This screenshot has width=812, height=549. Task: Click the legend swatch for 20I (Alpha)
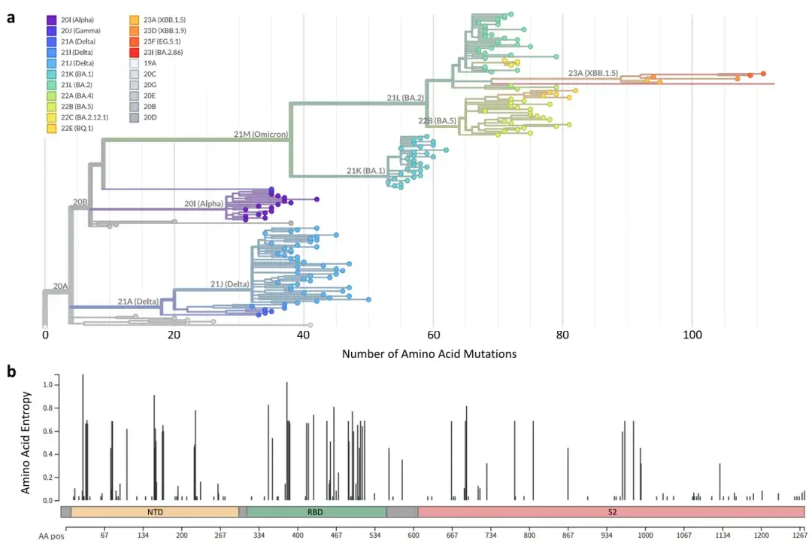tap(52, 20)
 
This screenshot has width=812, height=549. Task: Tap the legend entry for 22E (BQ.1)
tap(71, 128)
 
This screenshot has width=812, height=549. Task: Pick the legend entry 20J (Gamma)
tap(74, 31)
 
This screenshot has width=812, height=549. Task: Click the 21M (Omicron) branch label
tap(260, 134)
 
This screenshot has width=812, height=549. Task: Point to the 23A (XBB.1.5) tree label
tap(593, 73)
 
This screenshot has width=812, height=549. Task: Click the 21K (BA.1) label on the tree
tap(365, 171)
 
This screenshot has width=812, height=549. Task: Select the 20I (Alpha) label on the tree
tap(204, 204)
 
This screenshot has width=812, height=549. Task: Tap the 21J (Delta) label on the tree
tap(229, 284)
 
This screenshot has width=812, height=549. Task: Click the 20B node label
tap(80, 202)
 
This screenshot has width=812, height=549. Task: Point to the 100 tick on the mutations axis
tap(692, 335)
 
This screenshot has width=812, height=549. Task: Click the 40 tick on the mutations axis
tap(304, 335)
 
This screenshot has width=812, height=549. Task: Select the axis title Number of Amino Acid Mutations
tap(429, 354)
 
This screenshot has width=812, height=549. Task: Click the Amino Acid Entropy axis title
tap(26, 443)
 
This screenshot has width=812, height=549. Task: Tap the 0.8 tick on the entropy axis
tap(48, 408)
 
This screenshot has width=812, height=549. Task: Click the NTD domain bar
tap(155, 512)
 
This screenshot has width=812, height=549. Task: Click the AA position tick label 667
tap(452, 535)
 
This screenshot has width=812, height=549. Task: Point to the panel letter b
tap(11, 372)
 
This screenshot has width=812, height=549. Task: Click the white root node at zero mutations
tap(45, 327)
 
